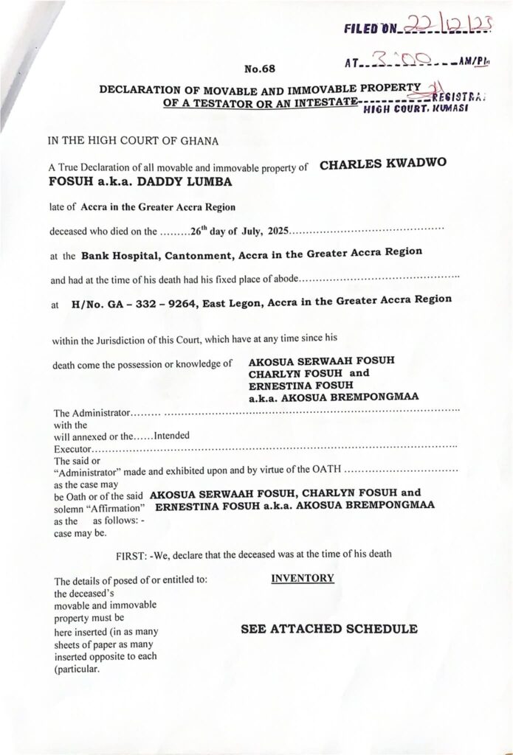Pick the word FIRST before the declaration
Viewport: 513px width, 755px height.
click(x=133, y=553)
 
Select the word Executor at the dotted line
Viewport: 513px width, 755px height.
click(x=72, y=446)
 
